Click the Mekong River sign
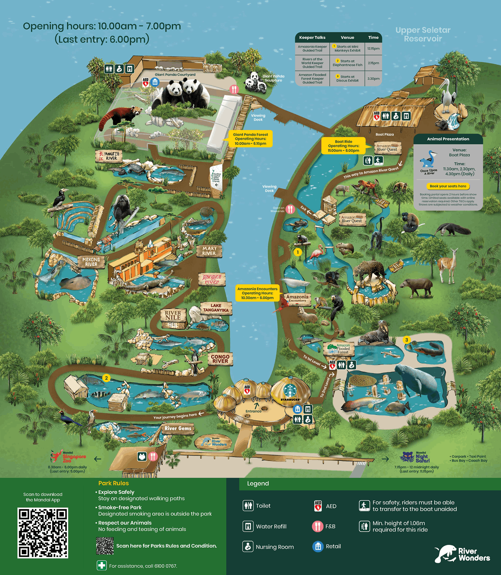point(91,262)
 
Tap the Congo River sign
point(220,359)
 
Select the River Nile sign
point(173,315)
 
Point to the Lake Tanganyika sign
point(216,308)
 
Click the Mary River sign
point(209,251)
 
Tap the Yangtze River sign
point(108,156)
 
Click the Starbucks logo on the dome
point(290,391)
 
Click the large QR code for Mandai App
point(43,532)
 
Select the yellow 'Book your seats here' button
point(448,186)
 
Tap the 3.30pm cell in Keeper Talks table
point(373,78)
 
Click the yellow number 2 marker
point(106,378)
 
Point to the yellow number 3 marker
point(407,340)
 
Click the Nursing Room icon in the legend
point(248,546)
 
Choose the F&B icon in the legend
point(318,526)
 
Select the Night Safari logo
point(415,457)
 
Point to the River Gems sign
point(178,428)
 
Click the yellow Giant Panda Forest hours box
point(250,139)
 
